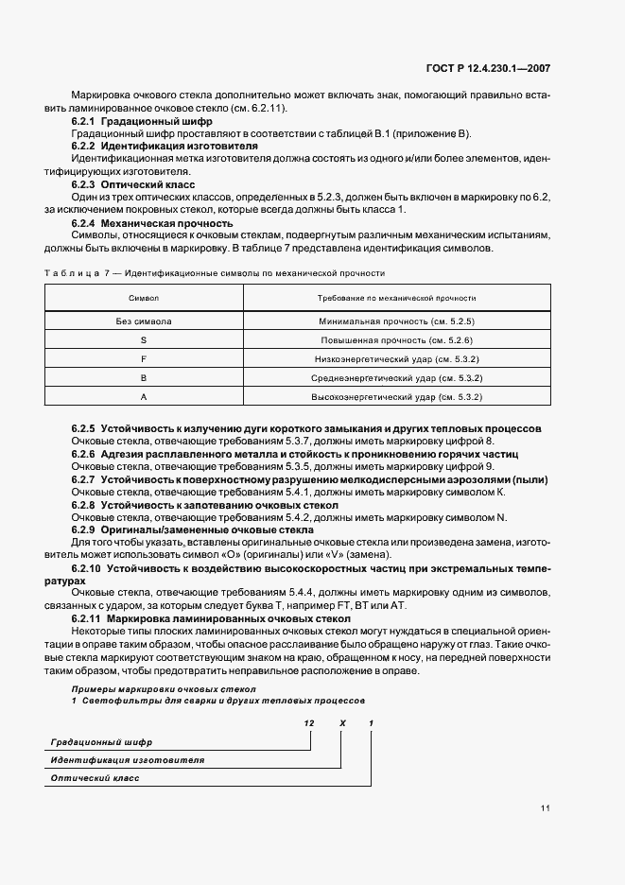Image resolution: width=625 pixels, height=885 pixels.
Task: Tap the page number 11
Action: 546,808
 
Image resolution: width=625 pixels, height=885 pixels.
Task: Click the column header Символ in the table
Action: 143,298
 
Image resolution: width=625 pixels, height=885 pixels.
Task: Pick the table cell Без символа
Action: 143,321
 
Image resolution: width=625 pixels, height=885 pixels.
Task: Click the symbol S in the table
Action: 143,339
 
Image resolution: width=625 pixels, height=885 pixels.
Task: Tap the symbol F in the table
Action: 143,359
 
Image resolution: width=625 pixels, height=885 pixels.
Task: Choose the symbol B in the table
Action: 143,378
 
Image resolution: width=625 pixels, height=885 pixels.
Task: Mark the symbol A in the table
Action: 143,397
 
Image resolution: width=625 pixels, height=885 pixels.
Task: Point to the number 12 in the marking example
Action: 308,722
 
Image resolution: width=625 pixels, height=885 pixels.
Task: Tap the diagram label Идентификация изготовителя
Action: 127,759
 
